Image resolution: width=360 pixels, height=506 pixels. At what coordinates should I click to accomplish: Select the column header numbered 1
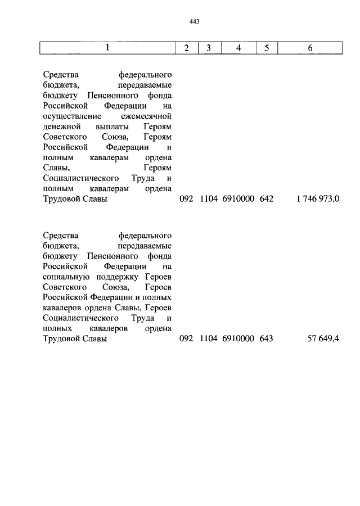(x=107, y=48)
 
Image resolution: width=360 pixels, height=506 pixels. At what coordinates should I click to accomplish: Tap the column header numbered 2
(x=186, y=48)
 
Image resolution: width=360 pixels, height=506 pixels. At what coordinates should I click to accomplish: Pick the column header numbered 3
(x=208, y=48)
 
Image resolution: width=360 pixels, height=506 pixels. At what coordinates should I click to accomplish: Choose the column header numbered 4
(x=238, y=48)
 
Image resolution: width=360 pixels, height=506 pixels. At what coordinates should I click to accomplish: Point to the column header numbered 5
(x=267, y=48)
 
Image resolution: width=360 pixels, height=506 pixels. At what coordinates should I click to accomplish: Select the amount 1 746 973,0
(x=318, y=198)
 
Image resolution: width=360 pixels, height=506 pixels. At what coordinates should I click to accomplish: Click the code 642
(x=267, y=198)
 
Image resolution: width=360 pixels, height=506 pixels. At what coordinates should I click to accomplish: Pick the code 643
(x=267, y=339)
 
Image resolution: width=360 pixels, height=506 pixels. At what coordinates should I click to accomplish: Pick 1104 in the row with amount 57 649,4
(x=208, y=339)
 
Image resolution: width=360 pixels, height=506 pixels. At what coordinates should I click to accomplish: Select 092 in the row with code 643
(x=186, y=339)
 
